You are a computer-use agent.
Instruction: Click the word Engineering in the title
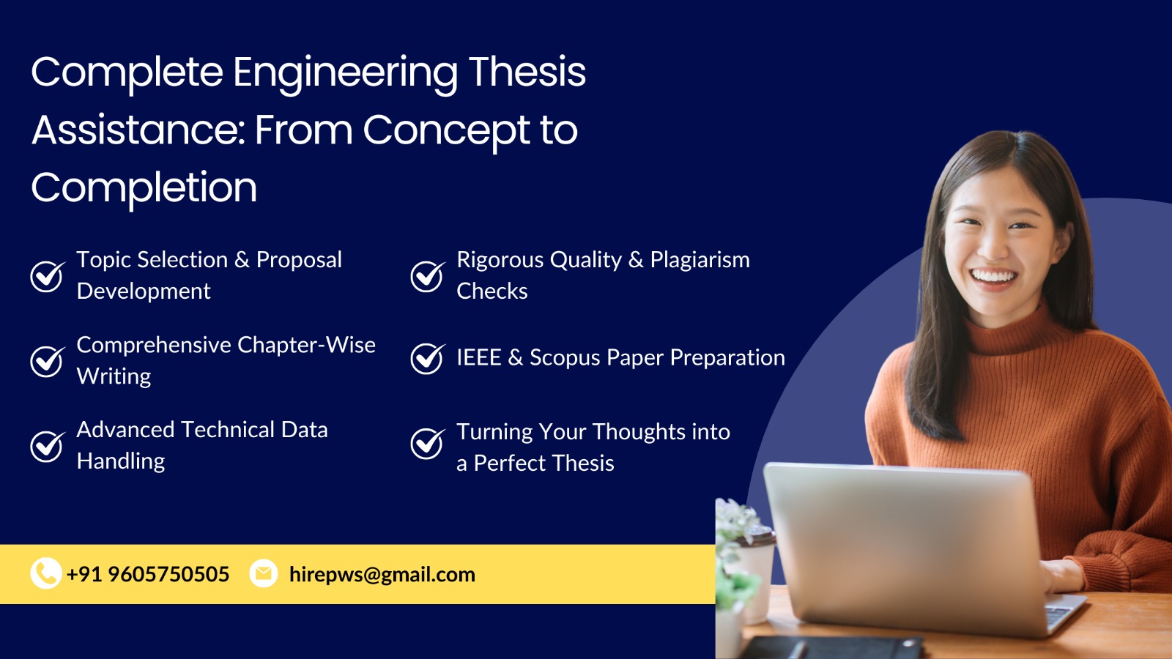click(x=345, y=73)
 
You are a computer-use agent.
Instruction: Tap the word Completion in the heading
click(x=144, y=188)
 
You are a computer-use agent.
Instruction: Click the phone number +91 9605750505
click(x=148, y=574)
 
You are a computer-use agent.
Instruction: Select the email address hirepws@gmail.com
click(x=382, y=574)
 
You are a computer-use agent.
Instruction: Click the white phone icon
click(x=46, y=573)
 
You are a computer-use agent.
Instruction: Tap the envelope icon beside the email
click(x=263, y=573)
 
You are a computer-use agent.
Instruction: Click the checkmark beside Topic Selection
click(x=48, y=275)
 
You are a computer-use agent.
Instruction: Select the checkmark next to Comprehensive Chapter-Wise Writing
click(x=48, y=361)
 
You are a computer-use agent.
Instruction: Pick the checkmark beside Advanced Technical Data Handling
click(x=48, y=446)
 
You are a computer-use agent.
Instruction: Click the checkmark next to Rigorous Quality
click(x=428, y=275)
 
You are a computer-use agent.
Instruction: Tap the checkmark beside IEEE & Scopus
click(x=428, y=358)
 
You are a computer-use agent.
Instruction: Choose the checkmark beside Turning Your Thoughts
click(x=428, y=444)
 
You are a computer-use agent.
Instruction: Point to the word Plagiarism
click(x=700, y=261)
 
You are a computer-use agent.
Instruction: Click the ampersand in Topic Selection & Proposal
click(x=242, y=260)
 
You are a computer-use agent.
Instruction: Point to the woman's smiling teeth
click(x=993, y=276)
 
